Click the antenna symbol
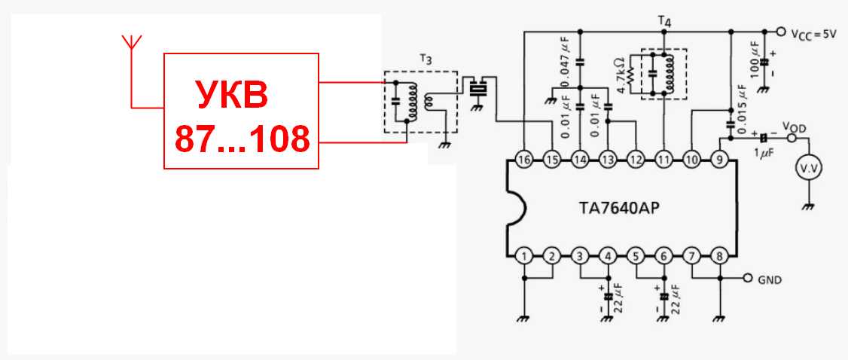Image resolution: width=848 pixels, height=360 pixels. coord(131,41)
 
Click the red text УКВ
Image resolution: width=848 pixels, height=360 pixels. coord(233,96)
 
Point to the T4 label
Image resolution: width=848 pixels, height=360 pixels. coord(663,20)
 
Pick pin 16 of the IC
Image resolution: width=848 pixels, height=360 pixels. coord(524,159)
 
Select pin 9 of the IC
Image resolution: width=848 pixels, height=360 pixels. coord(720,159)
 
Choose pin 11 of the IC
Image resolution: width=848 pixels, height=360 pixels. coord(663,159)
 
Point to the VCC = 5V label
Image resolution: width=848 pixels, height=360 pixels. coord(814,34)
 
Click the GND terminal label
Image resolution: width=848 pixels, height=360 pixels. coord(769,279)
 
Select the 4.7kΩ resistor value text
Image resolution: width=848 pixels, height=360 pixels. coord(620,74)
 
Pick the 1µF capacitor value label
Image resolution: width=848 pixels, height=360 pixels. coord(764,153)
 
